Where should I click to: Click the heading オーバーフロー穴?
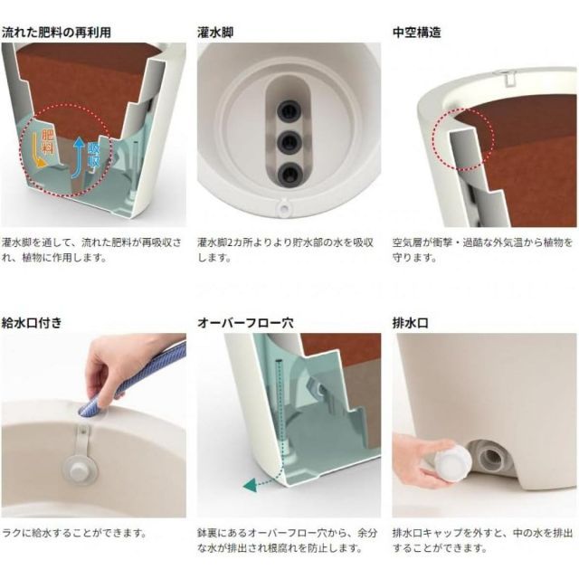click(x=242, y=322)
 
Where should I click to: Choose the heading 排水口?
click(x=410, y=322)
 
